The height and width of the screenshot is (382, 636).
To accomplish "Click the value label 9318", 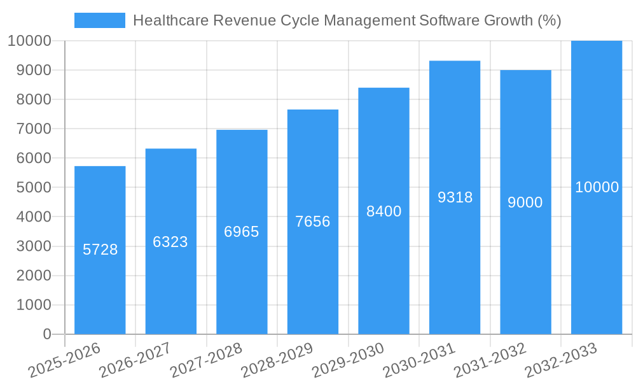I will click(455, 197).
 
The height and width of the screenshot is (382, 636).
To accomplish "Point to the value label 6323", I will click(170, 242).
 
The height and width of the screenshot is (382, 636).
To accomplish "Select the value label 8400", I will click(384, 211).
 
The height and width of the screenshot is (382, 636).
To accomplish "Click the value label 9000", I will click(525, 202).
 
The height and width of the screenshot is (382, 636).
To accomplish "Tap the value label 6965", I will click(242, 232).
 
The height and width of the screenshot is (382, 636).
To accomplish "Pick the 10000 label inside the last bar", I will click(597, 187).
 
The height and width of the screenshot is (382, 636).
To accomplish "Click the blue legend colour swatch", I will click(100, 20).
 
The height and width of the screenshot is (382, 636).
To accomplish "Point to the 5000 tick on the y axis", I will click(29, 188).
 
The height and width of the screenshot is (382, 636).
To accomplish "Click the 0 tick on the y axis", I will click(47, 334).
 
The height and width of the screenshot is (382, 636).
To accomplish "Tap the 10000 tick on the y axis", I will click(29, 41).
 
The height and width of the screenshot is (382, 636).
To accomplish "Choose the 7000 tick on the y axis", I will click(29, 129).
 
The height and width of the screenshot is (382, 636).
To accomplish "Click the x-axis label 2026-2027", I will click(135, 360).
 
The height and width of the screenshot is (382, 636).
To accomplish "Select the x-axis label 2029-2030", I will click(348, 360).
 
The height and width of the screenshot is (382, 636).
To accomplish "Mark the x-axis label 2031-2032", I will click(490, 360).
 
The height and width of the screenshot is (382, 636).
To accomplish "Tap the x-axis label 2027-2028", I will click(206, 360).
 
